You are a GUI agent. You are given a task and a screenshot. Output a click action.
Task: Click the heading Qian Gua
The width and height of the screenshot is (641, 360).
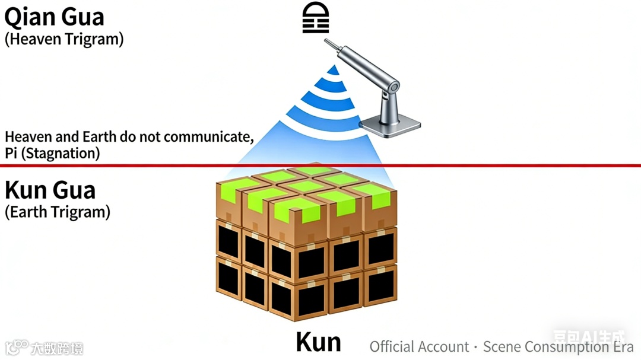(55, 17)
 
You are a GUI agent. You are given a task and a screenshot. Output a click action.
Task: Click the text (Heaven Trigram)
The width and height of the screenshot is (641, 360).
(64, 40)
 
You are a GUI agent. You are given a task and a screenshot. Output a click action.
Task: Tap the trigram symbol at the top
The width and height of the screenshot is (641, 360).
(315, 18)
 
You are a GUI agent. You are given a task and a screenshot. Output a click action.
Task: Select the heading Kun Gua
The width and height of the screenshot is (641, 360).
(50, 190)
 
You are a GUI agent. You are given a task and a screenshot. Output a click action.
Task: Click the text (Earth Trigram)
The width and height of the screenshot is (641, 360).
(58, 212)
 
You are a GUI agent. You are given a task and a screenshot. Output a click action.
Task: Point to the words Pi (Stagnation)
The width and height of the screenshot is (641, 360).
(52, 153)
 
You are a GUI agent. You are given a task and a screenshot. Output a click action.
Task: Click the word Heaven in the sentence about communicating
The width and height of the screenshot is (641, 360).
(25, 137)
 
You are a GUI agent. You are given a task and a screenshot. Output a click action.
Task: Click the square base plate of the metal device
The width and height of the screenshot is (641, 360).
(390, 125)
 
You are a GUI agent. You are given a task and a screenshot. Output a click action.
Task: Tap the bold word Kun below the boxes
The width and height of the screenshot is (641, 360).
(319, 342)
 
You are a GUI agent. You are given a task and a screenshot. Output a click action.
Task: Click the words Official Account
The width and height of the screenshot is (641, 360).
(419, 347)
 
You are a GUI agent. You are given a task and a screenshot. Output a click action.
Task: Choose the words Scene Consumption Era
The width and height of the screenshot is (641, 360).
(558, 347)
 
